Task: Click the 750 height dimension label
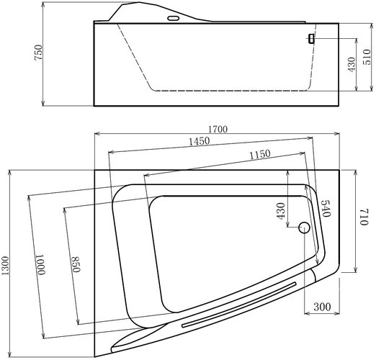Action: coord(38,53)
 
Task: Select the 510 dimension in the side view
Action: coord(367,57)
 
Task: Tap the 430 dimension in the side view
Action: coord(352,64)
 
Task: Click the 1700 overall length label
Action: coord(218,130)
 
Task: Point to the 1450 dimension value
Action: coord(200,141)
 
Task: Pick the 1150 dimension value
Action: coord(260,154)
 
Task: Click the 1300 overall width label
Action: coord(5,266)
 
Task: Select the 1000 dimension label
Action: coord(41,264)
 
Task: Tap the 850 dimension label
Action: coord(76,264)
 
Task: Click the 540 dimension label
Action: coord(325,208)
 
